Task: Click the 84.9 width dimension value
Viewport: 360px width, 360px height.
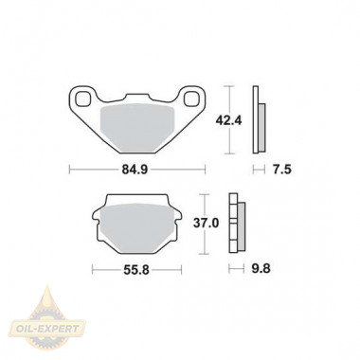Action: coord(135,170)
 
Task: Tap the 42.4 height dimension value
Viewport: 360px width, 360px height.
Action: coord(228,120)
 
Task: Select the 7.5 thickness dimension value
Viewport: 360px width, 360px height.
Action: coord(282,170)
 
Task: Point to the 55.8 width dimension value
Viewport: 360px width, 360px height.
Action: coord(136,270)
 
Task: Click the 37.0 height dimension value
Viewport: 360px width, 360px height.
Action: coord(206,224)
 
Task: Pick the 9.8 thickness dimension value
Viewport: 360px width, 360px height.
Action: coord(261,269)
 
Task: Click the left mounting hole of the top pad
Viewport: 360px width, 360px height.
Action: coord(82,99)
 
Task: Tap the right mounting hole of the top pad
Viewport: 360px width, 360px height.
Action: coord(191,99)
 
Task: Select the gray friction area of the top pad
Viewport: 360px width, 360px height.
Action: coord(137,127)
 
